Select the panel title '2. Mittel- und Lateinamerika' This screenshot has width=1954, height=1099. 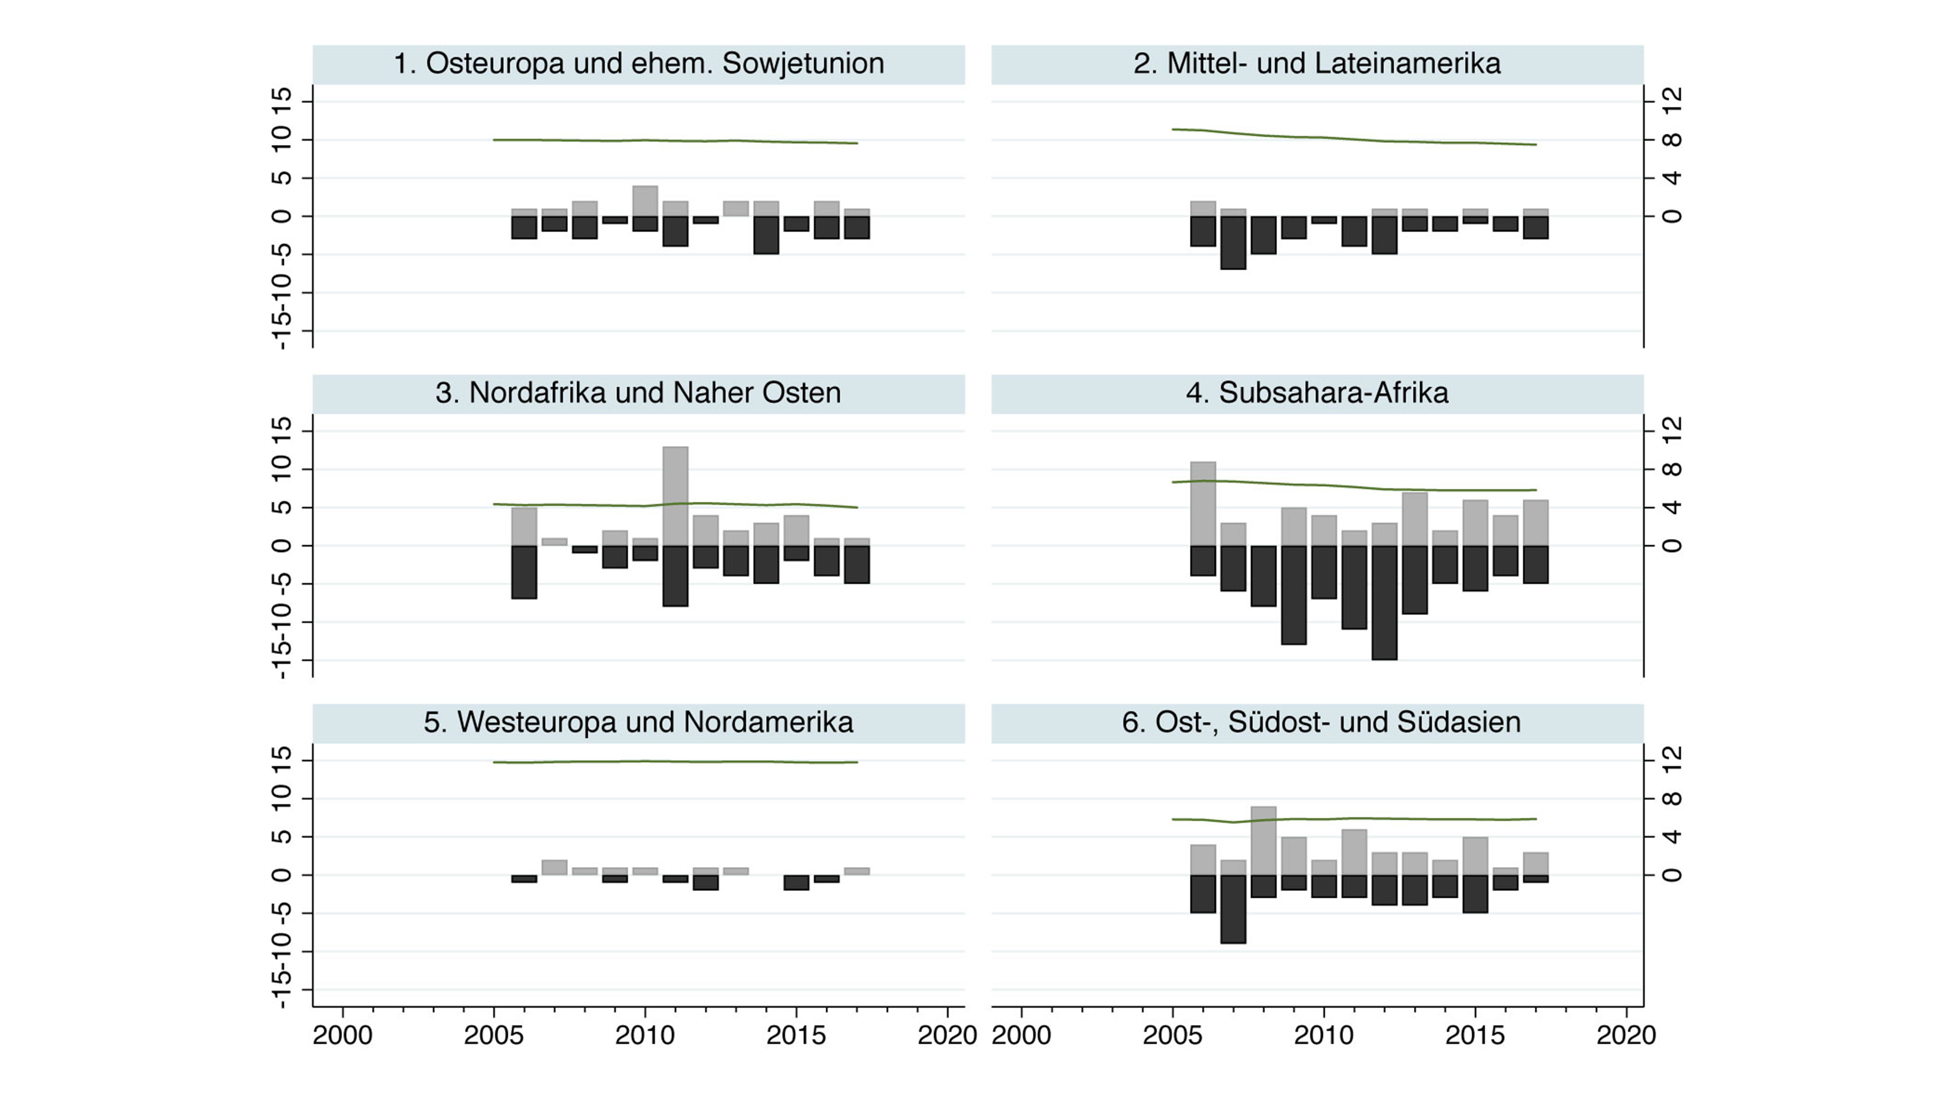[x=1317, y=64]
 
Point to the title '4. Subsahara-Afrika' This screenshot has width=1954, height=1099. [x=1317, y=393]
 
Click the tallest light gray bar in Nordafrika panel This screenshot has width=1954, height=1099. [x=675, y=496]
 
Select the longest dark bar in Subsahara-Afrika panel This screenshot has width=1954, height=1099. [x=1384, y=602]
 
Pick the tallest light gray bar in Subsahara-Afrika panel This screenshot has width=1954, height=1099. [x=1203, y=504]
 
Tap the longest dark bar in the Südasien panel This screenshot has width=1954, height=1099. [x=1233, y=909]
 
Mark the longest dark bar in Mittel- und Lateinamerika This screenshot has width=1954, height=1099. [x=1233, y=243]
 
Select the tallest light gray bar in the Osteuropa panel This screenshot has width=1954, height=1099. [x=645, y=201]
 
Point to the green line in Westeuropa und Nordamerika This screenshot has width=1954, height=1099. [x=675, y=761]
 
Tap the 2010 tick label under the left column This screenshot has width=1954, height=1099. [x=645, y=1035]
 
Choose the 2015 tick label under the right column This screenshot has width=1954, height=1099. [x=1475, y=1035]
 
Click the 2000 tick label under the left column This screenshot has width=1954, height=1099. [x=343, y=1035]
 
